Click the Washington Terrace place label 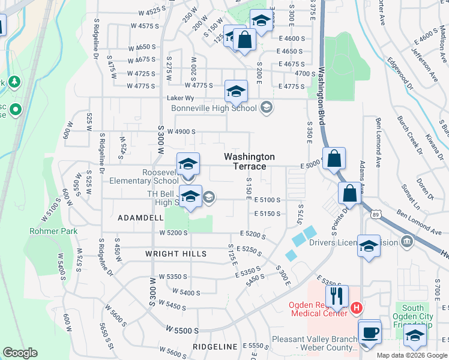coord(250,161)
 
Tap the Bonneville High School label coord(214,108)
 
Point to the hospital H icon coord(357,308)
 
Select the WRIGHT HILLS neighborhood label coord(176,254)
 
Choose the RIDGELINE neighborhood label coord(215,347)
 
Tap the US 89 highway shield coord(376,215)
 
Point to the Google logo coord(20,353)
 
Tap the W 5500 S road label coord(182,331)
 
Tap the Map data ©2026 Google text coord(412,355)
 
